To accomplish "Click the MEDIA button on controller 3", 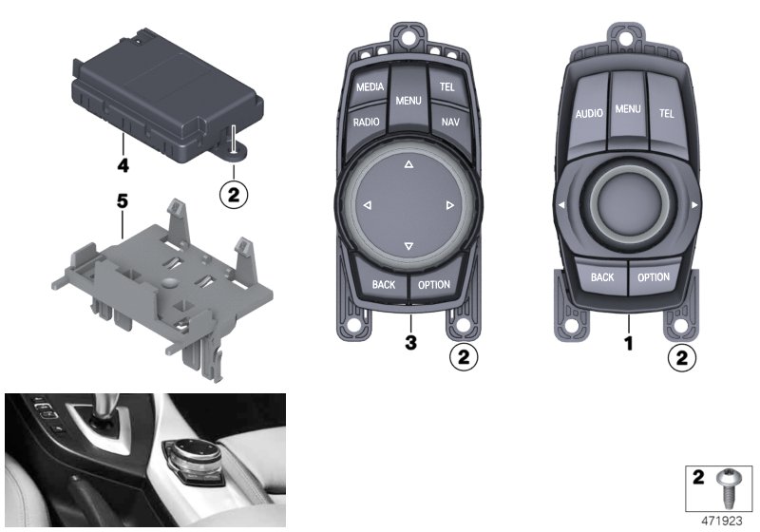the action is click(370, 86).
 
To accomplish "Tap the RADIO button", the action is click(367, 123).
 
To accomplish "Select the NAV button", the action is click(450, 122).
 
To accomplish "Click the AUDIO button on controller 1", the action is click(588, 114).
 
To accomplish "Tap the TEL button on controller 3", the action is click(446, 86).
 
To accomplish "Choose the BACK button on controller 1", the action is click(602, 277).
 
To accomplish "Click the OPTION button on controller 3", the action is click(434, 285).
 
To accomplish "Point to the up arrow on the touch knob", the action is click(408, 164).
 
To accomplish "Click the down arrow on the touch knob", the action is click(408, 246).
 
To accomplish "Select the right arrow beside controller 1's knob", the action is click(694, 205).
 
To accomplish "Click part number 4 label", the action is click(123, 165).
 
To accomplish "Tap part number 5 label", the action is click(123, 200).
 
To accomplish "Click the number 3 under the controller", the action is click(410, 343).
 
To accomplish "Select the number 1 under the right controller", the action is click(629, 344).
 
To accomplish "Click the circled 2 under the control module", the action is click(234, 195).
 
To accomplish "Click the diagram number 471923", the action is click(722, 521).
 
